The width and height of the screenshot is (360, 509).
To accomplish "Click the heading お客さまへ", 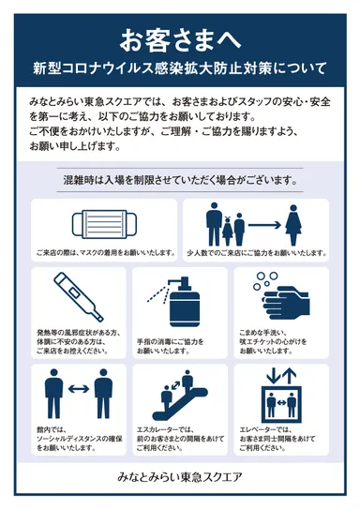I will pyautogui.click(x=179, y=39).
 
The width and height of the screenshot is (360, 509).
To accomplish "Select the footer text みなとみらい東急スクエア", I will pyautogui.click(x=179, y=477).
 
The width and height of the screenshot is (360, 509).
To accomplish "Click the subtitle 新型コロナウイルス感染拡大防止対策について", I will pyautogui.click(x=179, y=68).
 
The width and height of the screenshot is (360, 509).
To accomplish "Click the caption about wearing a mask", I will pyautogui.click(x=106, y=252).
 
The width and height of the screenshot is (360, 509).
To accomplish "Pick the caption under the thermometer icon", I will pyautogui.click(x=80, y=341).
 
